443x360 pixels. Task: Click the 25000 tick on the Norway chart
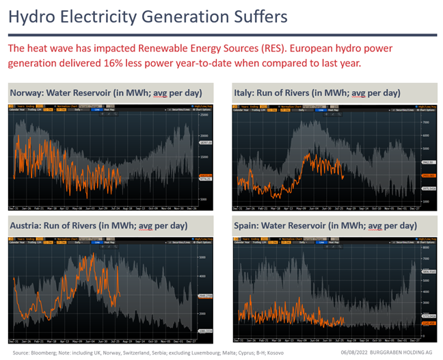pyautogui.click(x=204, y=116)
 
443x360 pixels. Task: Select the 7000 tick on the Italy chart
pyautogui.click(x=424, y=122)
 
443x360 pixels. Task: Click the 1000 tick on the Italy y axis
pyautogui.click(x=424, y=201)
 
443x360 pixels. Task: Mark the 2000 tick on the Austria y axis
pyautogui.click(x=202, y=313)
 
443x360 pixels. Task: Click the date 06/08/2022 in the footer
pyautogui.click(x=347, y=352)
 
